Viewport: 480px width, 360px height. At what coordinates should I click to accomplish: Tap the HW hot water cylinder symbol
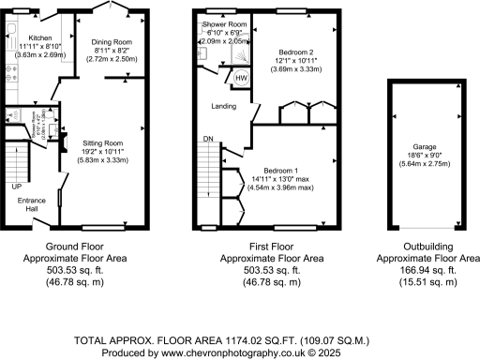(x=241, y=79)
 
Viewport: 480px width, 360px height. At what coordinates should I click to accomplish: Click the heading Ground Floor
(x=80, y=247)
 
